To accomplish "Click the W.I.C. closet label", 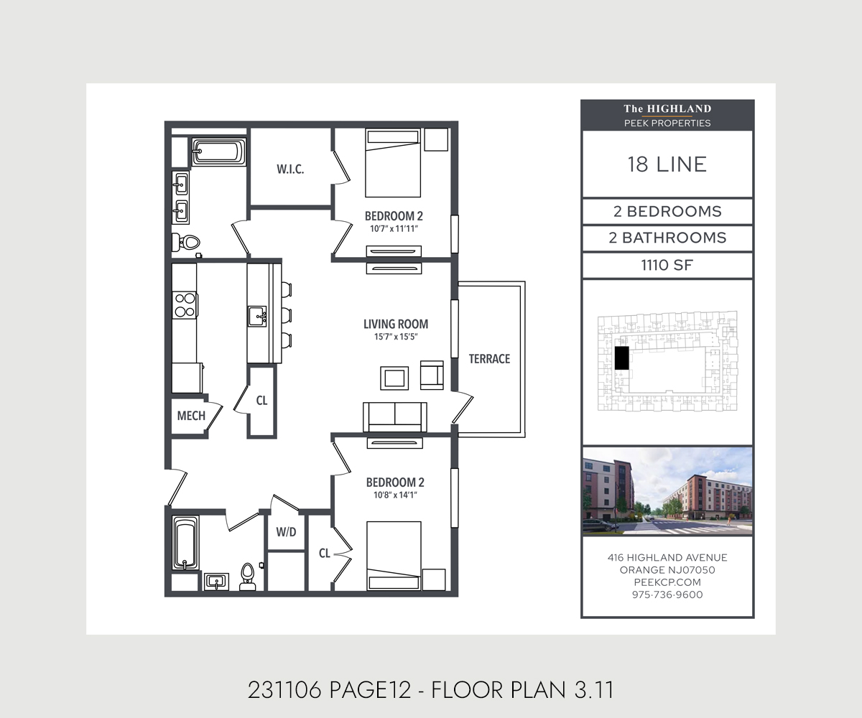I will tap(290, 169).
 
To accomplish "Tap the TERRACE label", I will tap(489, 358).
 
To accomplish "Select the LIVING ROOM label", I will tap(396, 324).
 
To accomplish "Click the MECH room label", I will tap(191, 416).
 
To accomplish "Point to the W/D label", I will tap(287, 533).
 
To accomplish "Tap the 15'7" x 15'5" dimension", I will tap(396, 336).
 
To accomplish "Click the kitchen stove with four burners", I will tap(185, 304).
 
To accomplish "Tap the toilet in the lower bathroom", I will tap(247, 577).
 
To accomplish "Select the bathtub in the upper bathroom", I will tap(218, 152).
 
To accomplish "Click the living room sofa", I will tap(394, 416).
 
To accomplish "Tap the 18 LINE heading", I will tap(667, 164).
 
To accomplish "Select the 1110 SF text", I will tap(667, 265).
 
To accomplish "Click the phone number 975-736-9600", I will tap(667, 595).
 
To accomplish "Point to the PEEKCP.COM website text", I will tap(667, 582).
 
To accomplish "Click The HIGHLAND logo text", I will tap(667, 109).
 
